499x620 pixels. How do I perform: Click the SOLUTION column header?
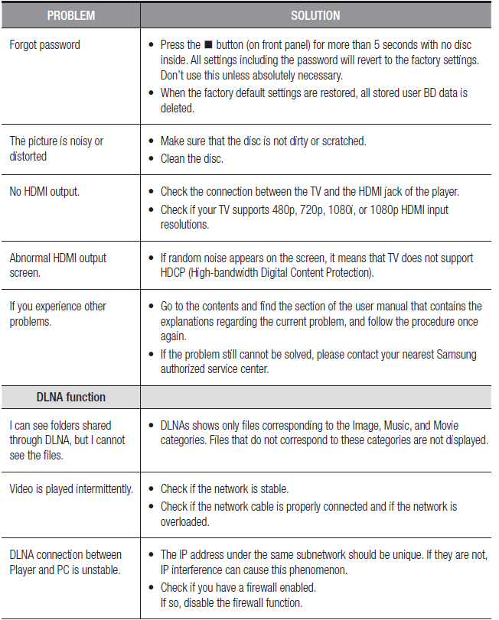(315, 15)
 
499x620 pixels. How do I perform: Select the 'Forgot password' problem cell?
(44, 45)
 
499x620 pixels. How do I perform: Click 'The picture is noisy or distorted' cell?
(56, 149)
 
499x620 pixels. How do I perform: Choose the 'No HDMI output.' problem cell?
(44, 191)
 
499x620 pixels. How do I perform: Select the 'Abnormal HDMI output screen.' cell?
(57, 265)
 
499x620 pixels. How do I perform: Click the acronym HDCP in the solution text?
(175, 273)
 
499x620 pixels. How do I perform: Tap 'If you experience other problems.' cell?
(57, 313)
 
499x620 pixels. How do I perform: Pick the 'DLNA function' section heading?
(71, 397)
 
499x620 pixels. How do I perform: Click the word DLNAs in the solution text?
(178, 425)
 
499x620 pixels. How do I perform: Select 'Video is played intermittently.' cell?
(71, 489)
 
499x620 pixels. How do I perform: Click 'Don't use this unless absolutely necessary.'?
(252, 76)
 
